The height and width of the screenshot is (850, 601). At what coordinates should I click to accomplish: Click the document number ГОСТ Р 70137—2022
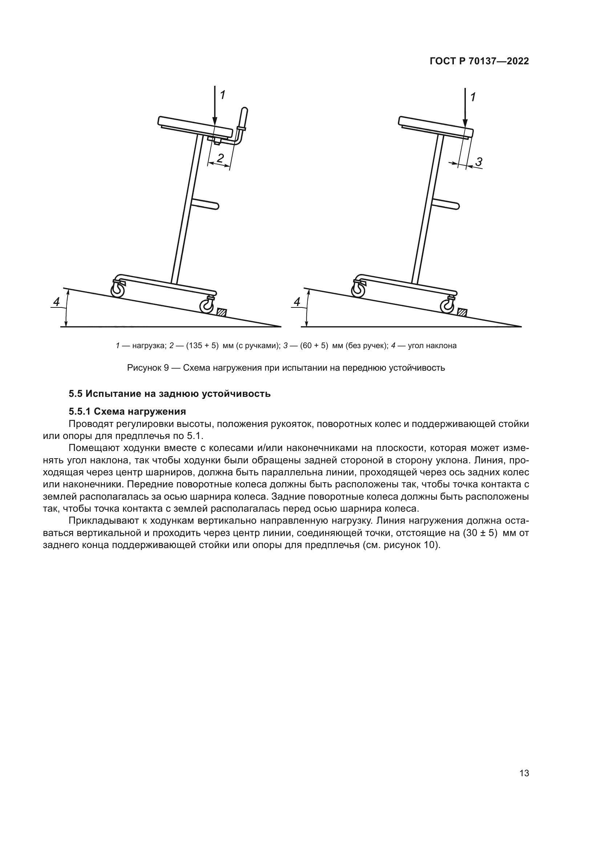tap(479, 61)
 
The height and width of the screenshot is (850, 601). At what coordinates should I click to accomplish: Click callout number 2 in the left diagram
tap(220, 158)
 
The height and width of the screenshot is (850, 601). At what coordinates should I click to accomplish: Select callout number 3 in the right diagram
tap(479, 161)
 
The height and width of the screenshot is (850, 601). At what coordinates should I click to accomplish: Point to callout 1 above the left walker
tap(222, 95)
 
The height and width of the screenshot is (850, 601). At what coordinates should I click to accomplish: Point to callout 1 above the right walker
tap(473, 97)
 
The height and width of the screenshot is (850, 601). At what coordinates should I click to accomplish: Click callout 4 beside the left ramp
tap(56, 302)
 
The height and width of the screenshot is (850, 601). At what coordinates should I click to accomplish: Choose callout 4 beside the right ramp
tap(297, 302)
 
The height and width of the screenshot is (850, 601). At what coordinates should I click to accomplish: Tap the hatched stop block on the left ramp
tap(222, 312)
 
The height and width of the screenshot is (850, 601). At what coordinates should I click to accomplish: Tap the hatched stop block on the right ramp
tap(462, 312)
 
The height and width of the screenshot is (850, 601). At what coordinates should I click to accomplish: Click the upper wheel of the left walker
tap(118, 291)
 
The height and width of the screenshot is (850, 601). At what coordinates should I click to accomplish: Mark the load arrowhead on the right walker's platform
tap(465, 124)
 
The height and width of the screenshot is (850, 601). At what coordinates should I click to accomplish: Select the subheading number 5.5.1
tap(80, 411)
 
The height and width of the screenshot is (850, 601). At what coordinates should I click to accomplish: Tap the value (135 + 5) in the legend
tap(202, 346)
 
